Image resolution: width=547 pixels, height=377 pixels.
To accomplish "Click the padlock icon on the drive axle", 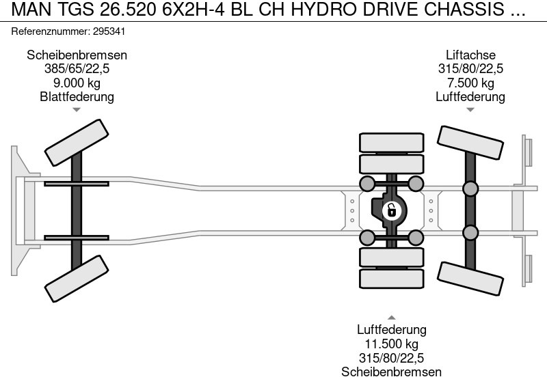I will click(391, 210).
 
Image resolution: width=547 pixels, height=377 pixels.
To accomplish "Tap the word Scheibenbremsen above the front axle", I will click(77, 55).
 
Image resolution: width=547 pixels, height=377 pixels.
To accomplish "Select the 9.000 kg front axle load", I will click(77, 83).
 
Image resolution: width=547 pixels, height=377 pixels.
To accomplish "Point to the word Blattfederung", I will click(77, 96).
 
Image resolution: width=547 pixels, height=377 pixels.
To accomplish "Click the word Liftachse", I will click(470, 55).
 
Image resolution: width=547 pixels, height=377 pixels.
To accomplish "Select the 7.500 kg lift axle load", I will click(470, 83).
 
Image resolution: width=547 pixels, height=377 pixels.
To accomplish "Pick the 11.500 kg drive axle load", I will click(391, 344).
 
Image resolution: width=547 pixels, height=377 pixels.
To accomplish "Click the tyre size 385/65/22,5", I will click(77, 69).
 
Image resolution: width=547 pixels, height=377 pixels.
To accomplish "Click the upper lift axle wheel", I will click(470, 144).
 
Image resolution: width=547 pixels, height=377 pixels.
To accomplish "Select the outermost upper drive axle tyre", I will click(392, 143).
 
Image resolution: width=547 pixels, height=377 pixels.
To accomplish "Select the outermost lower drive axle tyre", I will click(392, 278).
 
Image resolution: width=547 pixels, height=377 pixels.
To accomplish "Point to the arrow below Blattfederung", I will click(77, 109).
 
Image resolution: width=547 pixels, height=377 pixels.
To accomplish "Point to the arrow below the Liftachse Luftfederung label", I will click(470, 109).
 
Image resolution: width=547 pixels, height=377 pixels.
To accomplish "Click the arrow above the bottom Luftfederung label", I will click(391, 318).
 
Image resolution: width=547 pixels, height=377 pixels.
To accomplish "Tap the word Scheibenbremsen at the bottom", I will click(391, 372).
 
